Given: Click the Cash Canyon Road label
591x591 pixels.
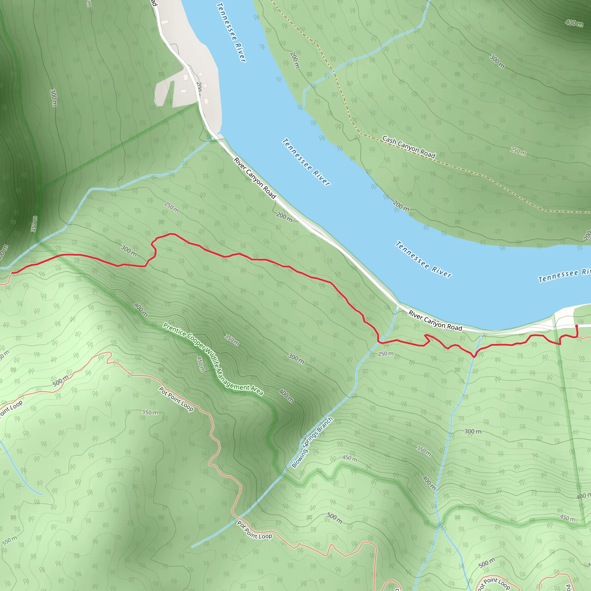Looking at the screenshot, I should coord(409,147).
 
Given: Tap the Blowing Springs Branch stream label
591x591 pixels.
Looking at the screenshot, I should coord(312,443).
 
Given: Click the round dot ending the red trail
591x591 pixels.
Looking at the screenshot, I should coord(577,326).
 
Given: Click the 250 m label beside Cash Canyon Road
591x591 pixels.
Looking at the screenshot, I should coord(518,151).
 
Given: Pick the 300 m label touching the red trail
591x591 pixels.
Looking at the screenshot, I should coord(129,250).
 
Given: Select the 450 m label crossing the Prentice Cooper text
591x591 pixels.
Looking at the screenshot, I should coord(200,364).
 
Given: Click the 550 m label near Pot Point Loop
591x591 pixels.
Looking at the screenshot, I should coord(150,412).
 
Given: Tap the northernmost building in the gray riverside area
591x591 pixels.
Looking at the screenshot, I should coord(164,22).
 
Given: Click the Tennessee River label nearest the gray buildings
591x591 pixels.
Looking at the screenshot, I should coord(231,32).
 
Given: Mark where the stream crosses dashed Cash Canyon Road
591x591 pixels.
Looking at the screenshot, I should coord(334,72).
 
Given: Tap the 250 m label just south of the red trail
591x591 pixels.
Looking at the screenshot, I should coord(386,354).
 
